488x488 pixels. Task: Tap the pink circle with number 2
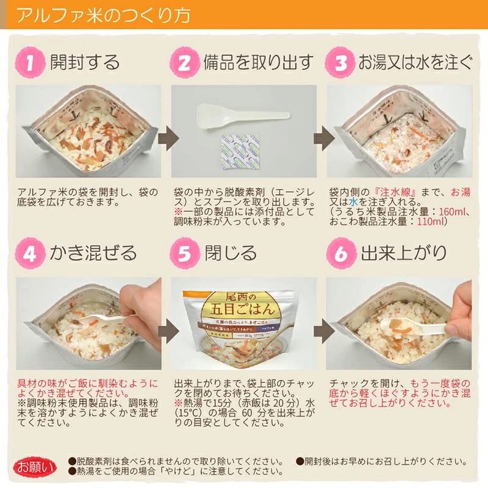(x=184, y=62)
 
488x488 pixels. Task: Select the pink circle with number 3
(x=340, y=62)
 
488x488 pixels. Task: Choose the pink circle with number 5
(x=184, y=253)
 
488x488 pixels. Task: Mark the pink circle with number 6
(x=340, y=253)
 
